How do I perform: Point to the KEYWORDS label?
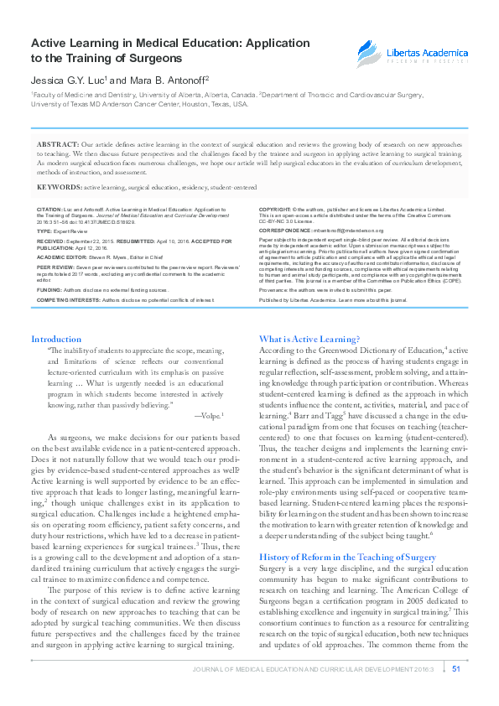60,188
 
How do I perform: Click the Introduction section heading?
56,339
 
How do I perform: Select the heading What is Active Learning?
309,339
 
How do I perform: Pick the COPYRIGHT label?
275,207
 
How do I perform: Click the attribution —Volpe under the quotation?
207,415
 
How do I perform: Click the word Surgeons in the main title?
152,59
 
